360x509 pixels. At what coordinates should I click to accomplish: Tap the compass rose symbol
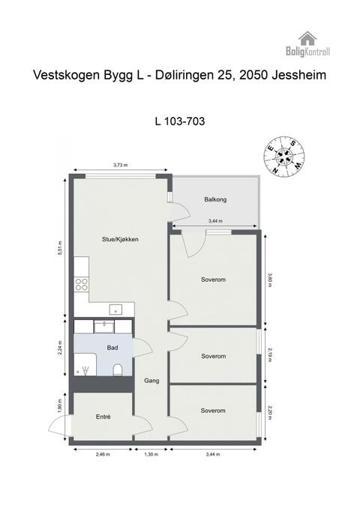pyautogui.click(x=284, y=155)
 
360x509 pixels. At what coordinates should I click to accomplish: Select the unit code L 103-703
pyautogui.click(x=179, y=120)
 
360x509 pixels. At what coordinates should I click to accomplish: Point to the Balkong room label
pyautogui.click(x=215, y=199)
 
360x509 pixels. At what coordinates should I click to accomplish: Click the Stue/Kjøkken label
pyautogui.click(x=121, y=239)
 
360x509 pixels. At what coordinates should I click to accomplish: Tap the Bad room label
pyautogui.click(x=112, y=348)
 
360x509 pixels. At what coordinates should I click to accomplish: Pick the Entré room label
pyautogui.click(x=103, y=416)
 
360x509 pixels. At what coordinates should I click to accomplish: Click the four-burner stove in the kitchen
pyautogui.click(x=81, y=284)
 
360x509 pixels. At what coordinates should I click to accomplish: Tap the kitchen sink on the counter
pyautogui.click(x=115, y=308)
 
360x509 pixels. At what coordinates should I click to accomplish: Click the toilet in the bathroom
pyautogui.click(x=118, y=370)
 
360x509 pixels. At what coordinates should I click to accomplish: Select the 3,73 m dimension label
pyautogui.click(x=120, y=165)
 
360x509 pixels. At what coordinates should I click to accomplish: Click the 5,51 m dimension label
pyautogui.click(x=59, y=248)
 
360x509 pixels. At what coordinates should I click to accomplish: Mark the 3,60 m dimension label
pyautogui.click(x=270, y=280)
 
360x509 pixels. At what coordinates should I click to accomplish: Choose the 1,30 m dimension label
pyautogui.click(x=151, y=454)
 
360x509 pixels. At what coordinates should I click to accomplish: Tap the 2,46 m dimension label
pyautogui.click(x=103, y=454)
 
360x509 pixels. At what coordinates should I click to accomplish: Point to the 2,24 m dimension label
pyautogui.click(x=59, y=349)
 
